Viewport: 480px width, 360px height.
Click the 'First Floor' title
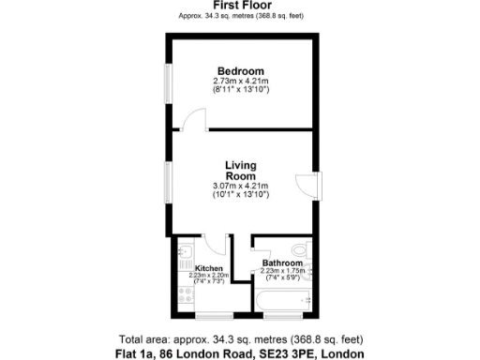(x=241, y=7)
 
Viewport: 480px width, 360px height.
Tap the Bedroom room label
(x=241, y=71)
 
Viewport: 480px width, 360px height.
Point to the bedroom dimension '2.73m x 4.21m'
(x=241, y=82)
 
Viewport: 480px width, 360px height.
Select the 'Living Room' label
(x=241, y=171)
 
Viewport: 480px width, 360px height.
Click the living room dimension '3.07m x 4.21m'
(x=241, y=186)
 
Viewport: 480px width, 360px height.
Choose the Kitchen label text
(x=208, y=269)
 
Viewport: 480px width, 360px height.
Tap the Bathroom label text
(x=284, y=263)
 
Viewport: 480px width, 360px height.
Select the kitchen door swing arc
(x=216, y=247)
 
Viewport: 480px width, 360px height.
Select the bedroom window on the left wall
(x=169, y=89)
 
